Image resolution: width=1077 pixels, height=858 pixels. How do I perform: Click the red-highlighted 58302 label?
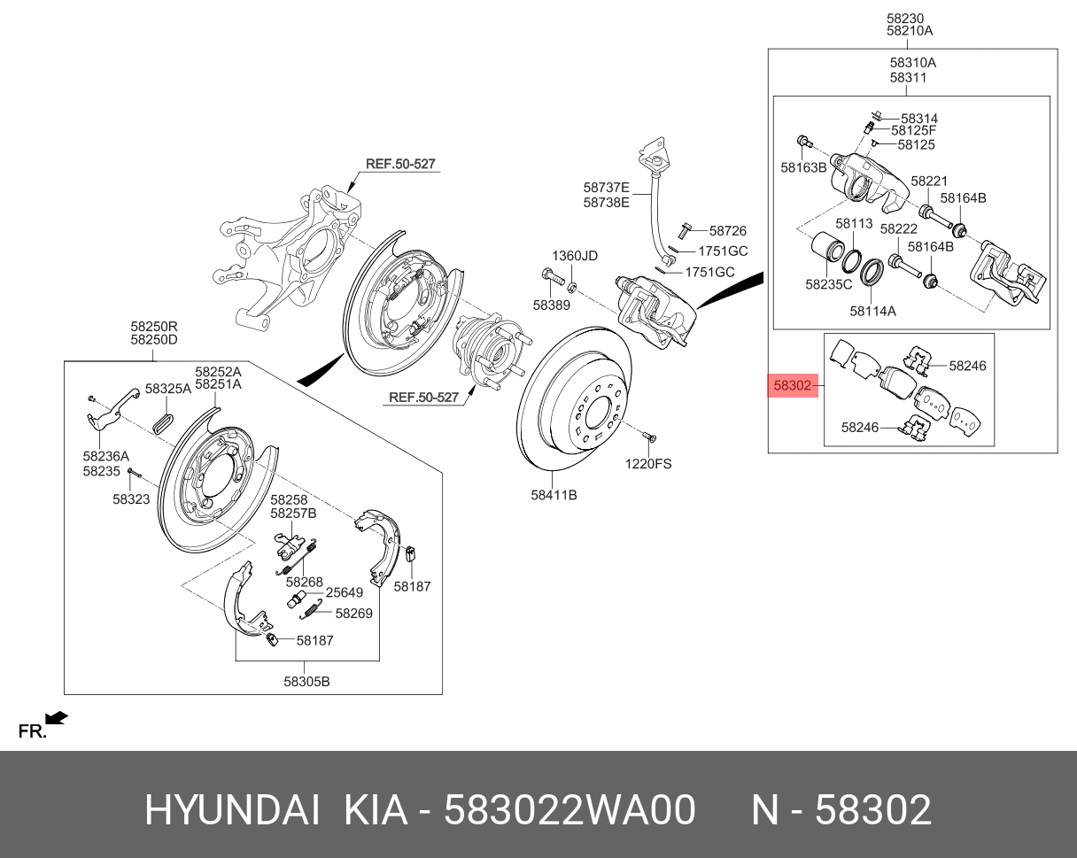pyautogui.click(x=792, y=386)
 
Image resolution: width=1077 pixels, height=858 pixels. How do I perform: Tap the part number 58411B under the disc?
pyautogui.click(x=554, y=495)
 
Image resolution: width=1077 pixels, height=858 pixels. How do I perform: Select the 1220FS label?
pyautogui.click(x=648, y=463)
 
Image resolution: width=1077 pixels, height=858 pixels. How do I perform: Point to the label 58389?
pyautogui.click(x=551, y=305)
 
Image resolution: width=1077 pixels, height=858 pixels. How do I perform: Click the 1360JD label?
pyautogui.click(x=576, y=256)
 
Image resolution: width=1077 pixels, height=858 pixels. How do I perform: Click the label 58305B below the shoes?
pyautogui.click(x=306, y=681)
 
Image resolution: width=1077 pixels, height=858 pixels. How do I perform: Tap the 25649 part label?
pyautogui.click(x=344, y=592)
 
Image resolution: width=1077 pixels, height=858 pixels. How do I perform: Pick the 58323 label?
pyautogui.click(x=131, y=499)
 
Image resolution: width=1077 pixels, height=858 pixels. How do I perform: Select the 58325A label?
pyautogui.click(x=168, y=389)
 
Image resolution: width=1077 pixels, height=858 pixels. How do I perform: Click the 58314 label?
pyautogui.click(x=919, y=119)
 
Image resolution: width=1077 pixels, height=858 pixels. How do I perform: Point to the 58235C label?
pyautogui.click(x=828, y=284)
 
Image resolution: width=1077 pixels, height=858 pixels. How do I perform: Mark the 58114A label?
pyautogui.click(x=872, y=311)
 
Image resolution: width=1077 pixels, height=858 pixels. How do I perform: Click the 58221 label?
pyautogui.click(x=929, y=181)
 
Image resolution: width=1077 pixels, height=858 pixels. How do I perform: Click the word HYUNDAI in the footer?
pyautogui.click(x=232, y=810)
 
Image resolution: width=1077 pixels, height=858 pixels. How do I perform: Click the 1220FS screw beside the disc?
pyautogui.click(x=647, y=437)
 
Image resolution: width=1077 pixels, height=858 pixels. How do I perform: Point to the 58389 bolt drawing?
pyautogui.click(x=550, y=278)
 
